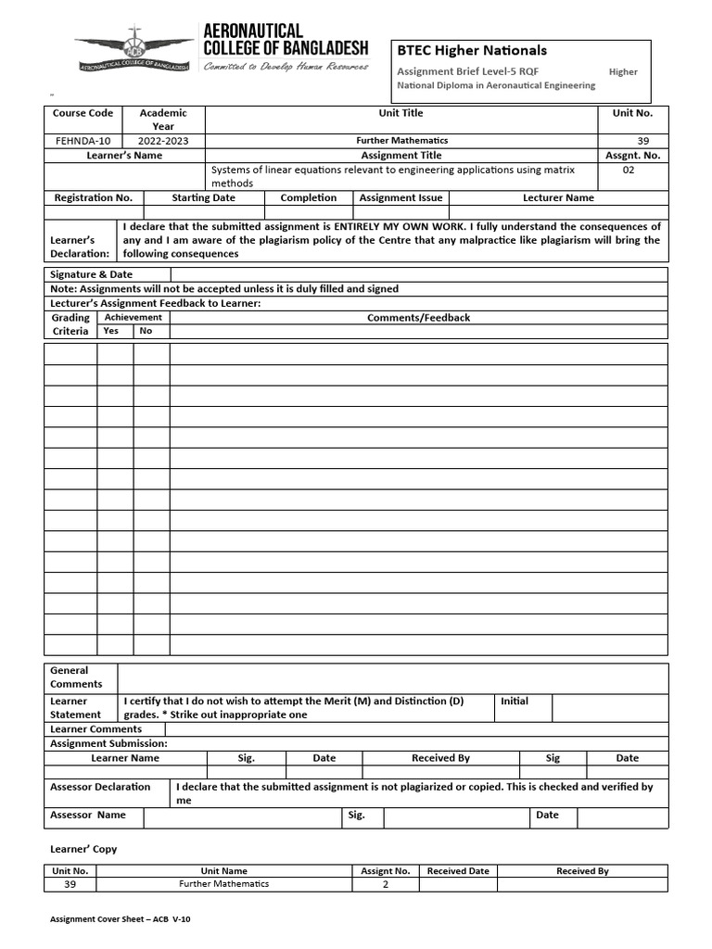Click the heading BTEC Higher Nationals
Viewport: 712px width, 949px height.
(472, 51)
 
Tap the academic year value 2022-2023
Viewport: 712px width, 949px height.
(163, 141)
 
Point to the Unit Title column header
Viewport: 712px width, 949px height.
(400, 113)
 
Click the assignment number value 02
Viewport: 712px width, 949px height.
(629, 171)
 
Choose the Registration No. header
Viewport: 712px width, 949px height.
(93, 197)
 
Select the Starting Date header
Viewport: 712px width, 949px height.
(203, 197)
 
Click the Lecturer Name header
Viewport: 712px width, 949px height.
(558, 197)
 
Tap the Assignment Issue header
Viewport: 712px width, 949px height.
(401, 197)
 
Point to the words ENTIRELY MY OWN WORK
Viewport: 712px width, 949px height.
(393, 226)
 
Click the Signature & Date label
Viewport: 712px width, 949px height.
(91, 274)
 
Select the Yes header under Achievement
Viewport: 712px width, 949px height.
(111, 331)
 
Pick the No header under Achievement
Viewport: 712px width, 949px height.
(146, 331)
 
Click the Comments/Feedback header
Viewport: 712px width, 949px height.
(418, 318)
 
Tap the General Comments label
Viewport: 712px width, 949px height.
(70, 677)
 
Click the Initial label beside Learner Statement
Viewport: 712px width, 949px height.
(515, 702)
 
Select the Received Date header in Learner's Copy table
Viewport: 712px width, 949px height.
(457, 871)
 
